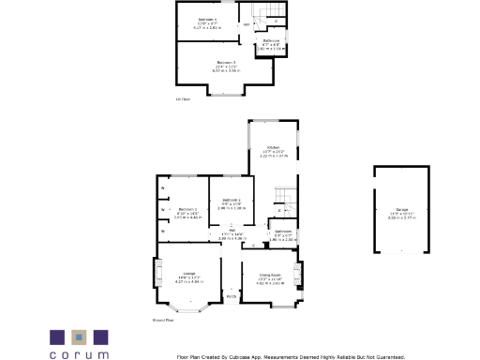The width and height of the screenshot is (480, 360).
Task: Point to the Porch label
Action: coord(231,297)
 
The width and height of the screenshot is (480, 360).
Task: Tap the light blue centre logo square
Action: coord(80,336)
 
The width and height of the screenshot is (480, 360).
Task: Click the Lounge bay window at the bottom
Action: coord(195,308)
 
